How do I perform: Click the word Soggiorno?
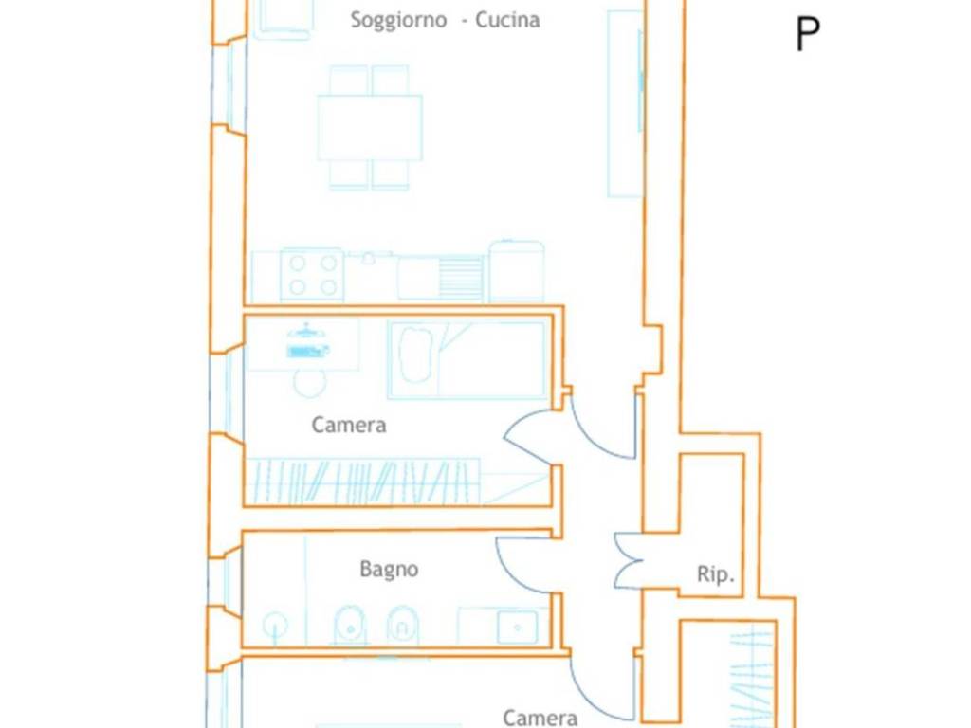(398, 21)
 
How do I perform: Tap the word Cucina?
(507, 20)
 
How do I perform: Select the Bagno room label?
(389, 570)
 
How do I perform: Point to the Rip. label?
(715, 573)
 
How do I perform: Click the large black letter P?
(808, 35)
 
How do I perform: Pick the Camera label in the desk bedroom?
(349, 425)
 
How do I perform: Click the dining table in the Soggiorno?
(370, 128)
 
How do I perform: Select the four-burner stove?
(312, 275)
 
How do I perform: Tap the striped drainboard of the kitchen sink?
(460, 278)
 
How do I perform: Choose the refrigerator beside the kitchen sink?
(517, 271)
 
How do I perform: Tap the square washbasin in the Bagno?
(517, 628)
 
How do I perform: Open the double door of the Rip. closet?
(630, 560)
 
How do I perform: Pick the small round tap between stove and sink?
(369, 258)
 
